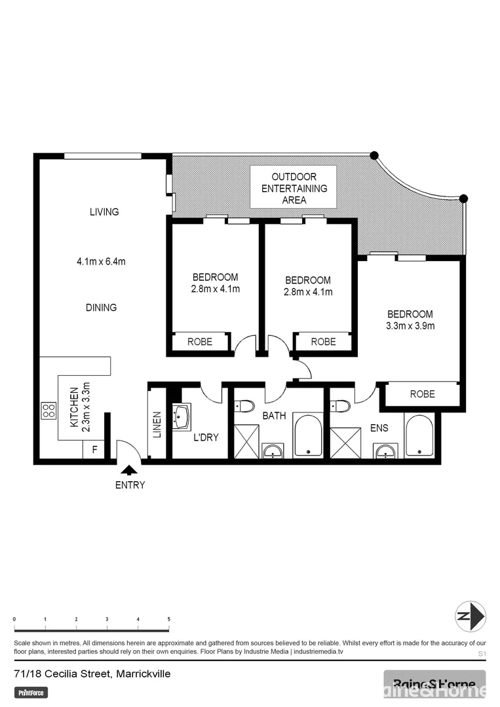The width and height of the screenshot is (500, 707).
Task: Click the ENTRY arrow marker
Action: pos(130,469)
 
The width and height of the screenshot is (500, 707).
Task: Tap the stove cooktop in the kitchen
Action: pos(48,410)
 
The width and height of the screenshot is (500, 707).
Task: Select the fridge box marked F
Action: pos(94,450)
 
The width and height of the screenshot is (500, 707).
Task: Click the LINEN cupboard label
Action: pos(157,424)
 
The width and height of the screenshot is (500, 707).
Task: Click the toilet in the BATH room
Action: pos(244,407)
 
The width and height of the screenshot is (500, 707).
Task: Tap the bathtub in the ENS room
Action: pos(419,435)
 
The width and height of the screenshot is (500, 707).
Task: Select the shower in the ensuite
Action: pos(345,443)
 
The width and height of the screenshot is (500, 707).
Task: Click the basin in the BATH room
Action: pos(272,450)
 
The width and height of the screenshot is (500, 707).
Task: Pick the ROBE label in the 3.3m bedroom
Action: pos(422,394)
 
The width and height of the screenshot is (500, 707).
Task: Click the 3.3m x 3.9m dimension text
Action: pos(410,326)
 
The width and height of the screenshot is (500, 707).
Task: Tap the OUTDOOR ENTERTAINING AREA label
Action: pos(294,189)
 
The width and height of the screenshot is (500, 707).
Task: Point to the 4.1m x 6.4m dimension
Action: pos(101,261)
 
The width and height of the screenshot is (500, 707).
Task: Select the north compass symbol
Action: pos(471,616)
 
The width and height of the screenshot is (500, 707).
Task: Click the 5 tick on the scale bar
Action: pos(169,619)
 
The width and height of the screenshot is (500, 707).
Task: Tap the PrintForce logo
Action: pos(31,692)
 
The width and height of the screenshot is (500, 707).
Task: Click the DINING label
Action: pos(102,308)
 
